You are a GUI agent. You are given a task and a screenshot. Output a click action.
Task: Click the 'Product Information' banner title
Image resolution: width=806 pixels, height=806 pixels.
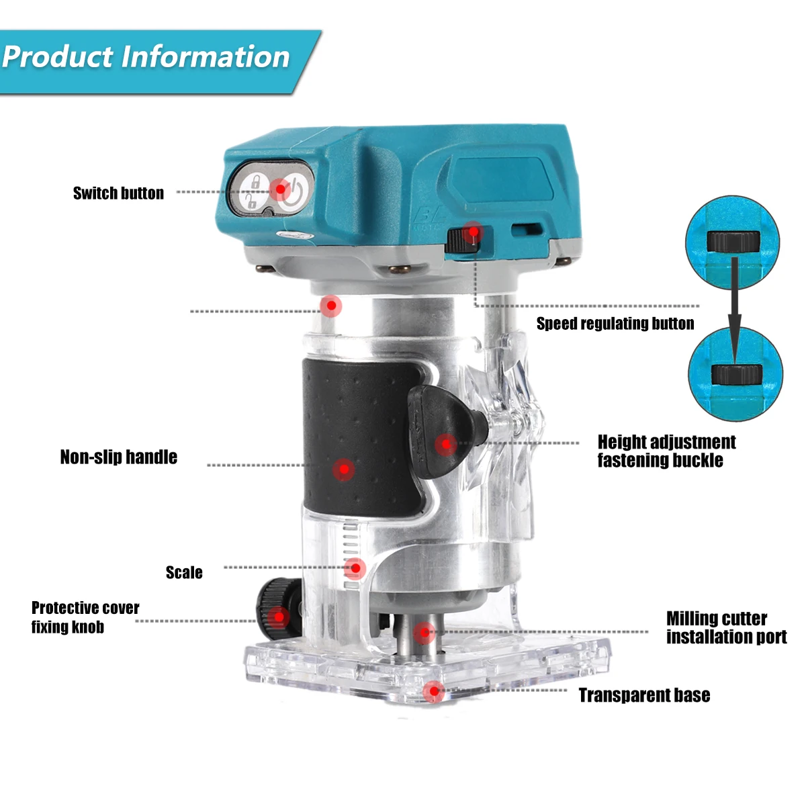[146, 57]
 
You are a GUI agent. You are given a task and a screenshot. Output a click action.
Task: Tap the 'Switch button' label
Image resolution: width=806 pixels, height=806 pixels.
[118, 193]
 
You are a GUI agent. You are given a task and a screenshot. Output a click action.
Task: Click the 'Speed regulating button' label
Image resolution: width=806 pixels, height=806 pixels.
[615, 324]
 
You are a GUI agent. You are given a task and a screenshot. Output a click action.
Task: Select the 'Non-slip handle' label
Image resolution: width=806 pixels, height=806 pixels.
[119, 457]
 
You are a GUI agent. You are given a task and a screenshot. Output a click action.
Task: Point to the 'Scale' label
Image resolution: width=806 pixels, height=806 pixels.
[184, 573]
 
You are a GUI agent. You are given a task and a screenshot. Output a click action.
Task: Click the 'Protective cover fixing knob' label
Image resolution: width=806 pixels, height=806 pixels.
[85, 617]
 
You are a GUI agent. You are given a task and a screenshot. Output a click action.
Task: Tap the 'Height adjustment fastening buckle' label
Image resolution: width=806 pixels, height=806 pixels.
[666, 451]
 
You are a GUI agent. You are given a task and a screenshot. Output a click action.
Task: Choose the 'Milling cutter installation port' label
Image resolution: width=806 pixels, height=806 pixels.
[725, 627]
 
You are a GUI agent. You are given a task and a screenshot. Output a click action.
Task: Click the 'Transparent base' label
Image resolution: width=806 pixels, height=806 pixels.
[644, 695]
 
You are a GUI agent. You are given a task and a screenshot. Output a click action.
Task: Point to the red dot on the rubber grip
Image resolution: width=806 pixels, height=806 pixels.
[343, 469]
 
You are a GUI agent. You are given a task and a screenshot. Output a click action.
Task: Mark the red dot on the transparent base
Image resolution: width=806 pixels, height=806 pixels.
[434, 691]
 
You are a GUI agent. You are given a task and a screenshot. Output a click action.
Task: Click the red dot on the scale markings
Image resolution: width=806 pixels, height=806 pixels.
[355, 569]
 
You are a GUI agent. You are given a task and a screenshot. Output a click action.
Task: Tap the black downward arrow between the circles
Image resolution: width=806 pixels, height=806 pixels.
[735, 309]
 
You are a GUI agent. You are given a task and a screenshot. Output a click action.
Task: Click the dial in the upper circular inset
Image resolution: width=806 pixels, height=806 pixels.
[733, 240]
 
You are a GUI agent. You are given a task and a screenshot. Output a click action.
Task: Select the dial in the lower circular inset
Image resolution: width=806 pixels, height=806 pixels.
[736, 374]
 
